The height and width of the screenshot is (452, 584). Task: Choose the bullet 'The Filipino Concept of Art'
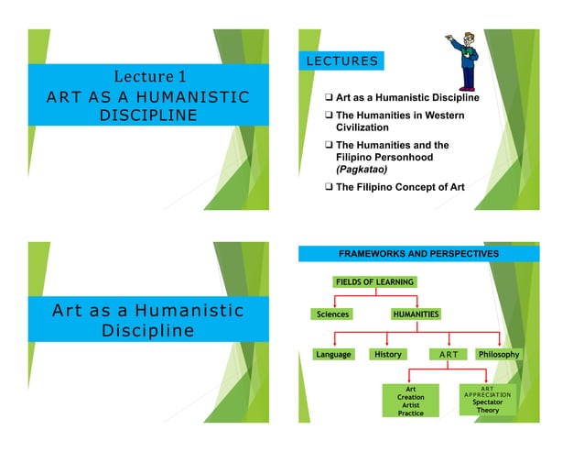[x=400, y=187]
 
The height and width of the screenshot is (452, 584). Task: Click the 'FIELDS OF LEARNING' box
[x=373, y=281]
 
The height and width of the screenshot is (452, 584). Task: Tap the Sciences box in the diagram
[x=332, y=314]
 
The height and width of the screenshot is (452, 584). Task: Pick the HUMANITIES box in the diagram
[x=416, y=314]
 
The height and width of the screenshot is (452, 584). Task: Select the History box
[x=387, y=354]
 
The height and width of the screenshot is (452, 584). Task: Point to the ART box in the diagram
[x=447, y=354]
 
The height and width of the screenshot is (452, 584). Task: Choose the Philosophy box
[x=499, y=354]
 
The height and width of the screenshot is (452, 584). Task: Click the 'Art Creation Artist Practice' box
[x=410, y=401]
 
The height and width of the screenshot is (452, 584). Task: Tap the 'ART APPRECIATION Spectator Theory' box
[x=487, y=399]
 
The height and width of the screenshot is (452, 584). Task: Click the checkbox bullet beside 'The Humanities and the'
[x=328, y=145]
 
